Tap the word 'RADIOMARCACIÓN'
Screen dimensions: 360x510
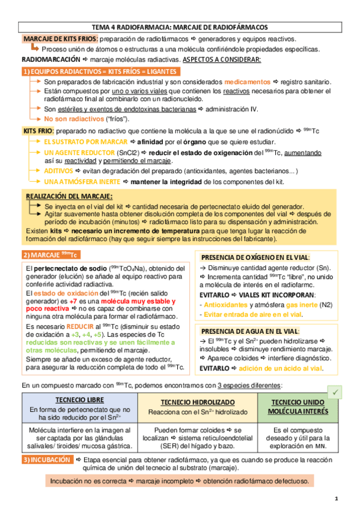50,60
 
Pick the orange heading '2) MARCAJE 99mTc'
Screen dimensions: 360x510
55,254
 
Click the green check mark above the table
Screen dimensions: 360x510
336,392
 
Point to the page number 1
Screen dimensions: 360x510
337,499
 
